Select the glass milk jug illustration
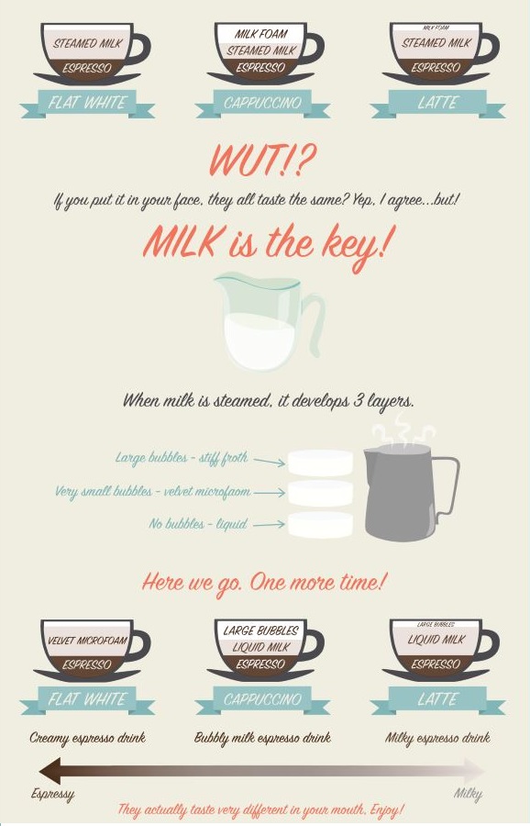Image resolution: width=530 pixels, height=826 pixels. (x=261, y=321)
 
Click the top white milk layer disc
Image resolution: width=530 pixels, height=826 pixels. (x=320, y=462)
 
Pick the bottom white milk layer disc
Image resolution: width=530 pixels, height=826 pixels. (x=320, y=525)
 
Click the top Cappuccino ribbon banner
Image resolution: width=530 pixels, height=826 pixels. (x=262, y=103)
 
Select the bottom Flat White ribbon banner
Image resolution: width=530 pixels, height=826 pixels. (x=87, y=700)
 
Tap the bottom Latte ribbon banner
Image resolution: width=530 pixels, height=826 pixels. (x=437, y=700)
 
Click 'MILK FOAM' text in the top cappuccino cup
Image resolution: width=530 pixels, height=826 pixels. (x=261, y=35)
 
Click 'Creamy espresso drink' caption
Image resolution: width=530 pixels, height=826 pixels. (x=87, y=737)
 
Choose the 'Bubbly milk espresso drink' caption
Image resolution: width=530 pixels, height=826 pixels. (x=262, y=737)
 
